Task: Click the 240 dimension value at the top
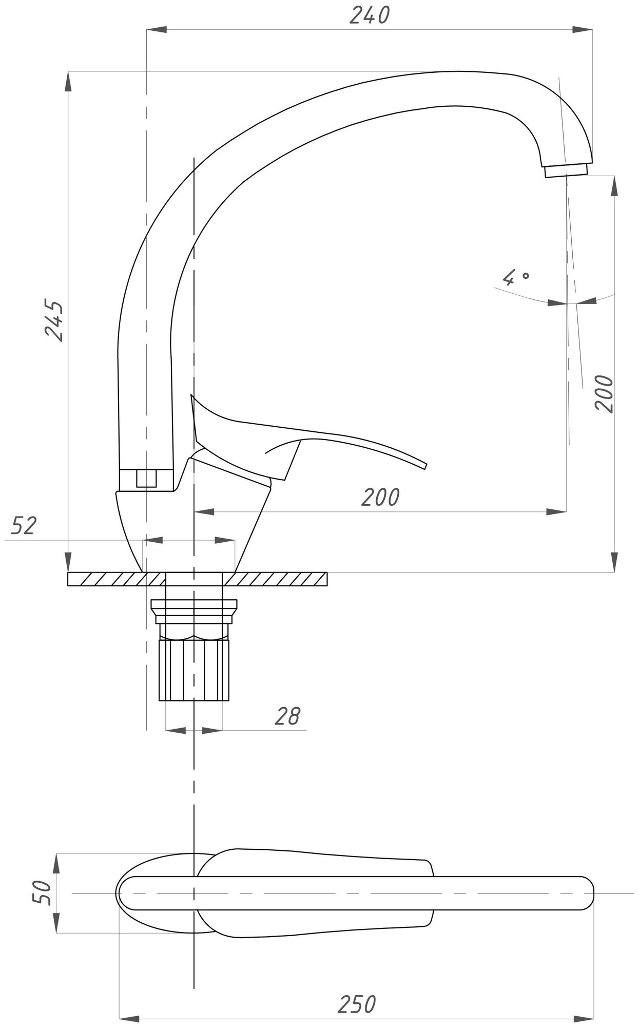coord(370,16)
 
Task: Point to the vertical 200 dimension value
coord(605,393)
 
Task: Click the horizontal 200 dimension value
coord(380,497)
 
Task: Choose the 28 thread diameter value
coord(287,716)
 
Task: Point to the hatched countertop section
coord(277,579)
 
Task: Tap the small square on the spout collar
coord(146,478)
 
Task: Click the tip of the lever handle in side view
coord(425,466)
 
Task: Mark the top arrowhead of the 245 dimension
coord(68,80)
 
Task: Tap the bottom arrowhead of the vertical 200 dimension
coord(614,563)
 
